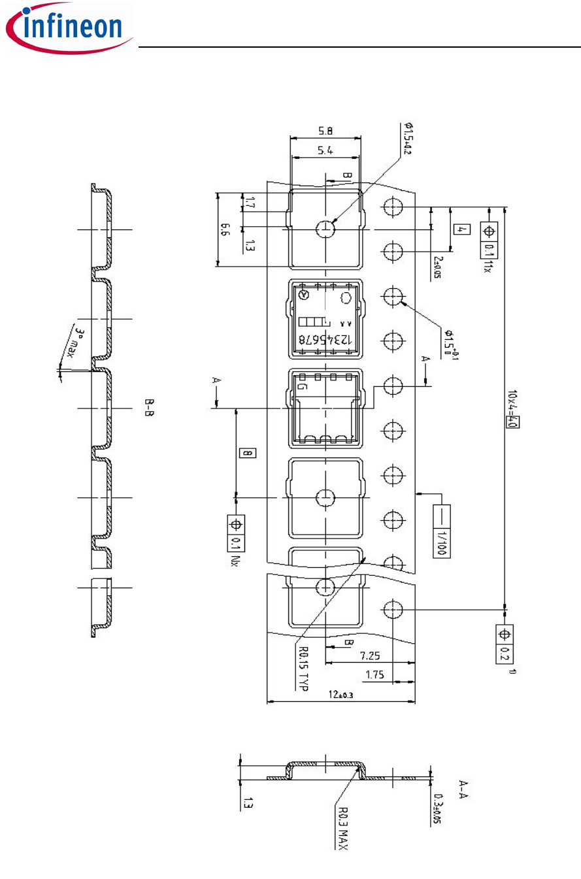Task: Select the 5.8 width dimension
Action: tap(325, 131)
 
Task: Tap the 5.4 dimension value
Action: tap(325, 150)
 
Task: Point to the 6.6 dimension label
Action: tap(225, 229)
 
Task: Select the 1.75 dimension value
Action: tap(374, 675)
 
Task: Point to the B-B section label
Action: tap(149, 408)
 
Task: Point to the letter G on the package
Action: tap(302, 387)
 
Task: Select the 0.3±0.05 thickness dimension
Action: tap(439, 808)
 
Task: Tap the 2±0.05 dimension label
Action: tap(437, 268)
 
